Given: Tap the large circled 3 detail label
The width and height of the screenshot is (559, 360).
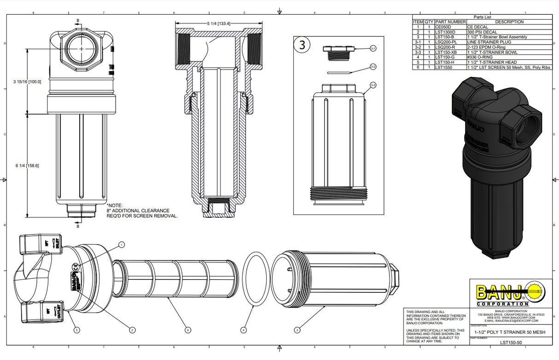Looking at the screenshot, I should coord(303,45).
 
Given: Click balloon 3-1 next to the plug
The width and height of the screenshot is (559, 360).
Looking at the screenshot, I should coord(373,48).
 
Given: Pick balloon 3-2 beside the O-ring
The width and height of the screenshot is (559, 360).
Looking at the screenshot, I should coord(373,67).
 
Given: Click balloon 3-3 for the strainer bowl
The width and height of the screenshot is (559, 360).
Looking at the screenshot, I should coord(373,85).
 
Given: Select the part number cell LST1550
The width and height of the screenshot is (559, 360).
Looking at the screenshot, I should coord(445,67).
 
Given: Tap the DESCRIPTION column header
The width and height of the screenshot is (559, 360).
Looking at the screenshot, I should coord(509,22).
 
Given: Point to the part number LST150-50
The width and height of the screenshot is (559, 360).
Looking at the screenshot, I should coord(511,343).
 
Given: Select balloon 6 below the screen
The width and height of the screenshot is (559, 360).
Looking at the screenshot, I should coord(187,330).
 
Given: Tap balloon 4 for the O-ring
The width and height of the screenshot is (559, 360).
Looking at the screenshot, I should coord(243,330).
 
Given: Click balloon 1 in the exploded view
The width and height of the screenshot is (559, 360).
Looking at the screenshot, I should coord(122,244).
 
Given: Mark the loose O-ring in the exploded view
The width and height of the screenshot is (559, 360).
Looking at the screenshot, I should coord(256,278).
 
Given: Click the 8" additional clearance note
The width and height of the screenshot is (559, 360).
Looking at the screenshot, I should coord(142,210).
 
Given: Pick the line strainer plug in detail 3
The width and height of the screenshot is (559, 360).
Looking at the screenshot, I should coord(338,52).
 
